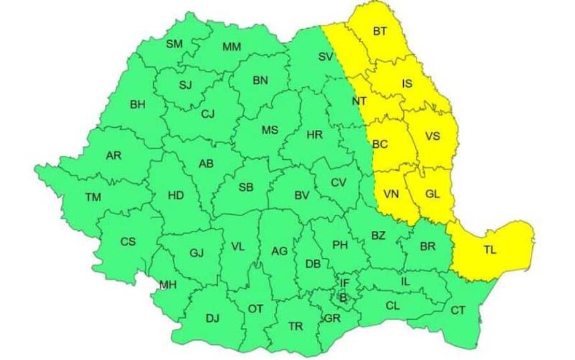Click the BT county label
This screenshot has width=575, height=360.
click(x=380, y=31)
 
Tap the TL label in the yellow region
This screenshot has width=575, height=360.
click(x=490, y=251)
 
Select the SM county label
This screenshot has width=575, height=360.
click(x=174, y=44)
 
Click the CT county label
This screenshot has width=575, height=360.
click(x=458, y=310)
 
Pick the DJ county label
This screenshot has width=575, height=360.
click(x=213, y=318)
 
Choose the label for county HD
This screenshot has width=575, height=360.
click(x=176, y=195)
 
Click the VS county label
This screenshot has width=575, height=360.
click(x=433, y=137)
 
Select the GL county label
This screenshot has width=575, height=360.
click(x=433, y=194)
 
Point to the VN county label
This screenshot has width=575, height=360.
click(x=391, y=194)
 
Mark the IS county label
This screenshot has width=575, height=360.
click(x=407, y=84)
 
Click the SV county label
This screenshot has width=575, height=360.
click(x=326, y=56)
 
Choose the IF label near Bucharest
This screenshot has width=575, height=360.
click(x=344, y=284)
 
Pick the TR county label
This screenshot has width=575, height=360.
click(x=295, y=326)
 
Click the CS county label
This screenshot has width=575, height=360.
click(x=128, y=241)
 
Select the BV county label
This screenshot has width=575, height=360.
click(x=302, y=196)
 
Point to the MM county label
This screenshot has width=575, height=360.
click(x=231, y=47)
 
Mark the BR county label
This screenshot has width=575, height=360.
click(x=427, y=247)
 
